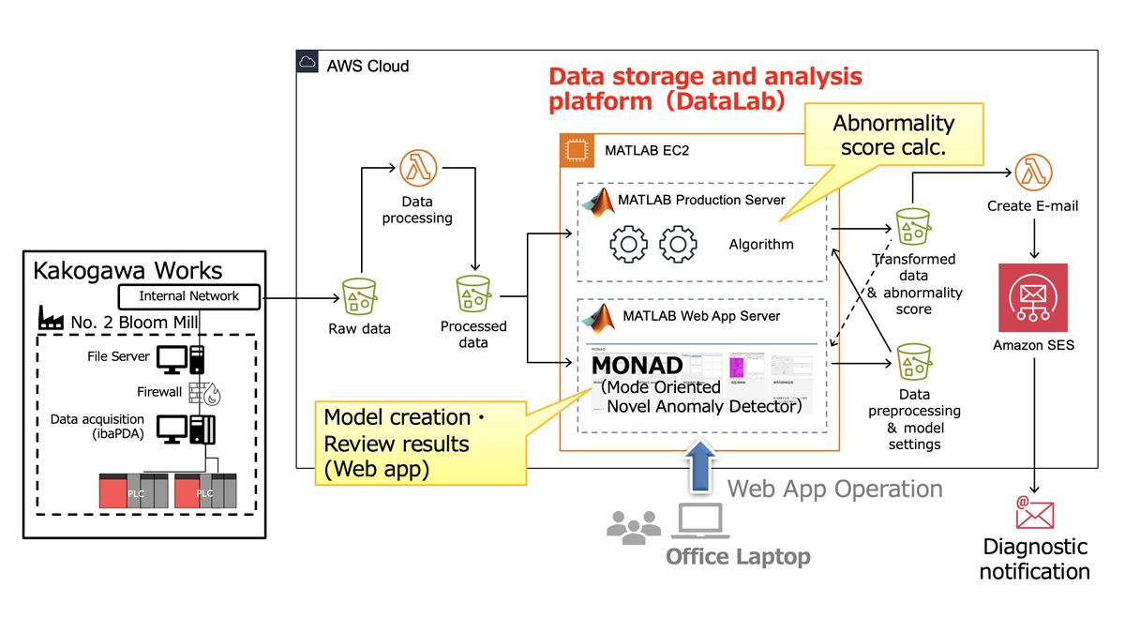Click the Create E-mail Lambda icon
(x=1033, y=173)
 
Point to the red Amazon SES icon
(x=1033, y=297)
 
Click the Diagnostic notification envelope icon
(x=1035, y=513)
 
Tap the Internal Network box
(x=189, y=296)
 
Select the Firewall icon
(x=203, y=392)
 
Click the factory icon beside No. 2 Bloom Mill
(x=51, y=322)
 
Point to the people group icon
(x=633, y=527)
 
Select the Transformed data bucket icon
(x=912, y=228)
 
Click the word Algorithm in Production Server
(x=761, y=245)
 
